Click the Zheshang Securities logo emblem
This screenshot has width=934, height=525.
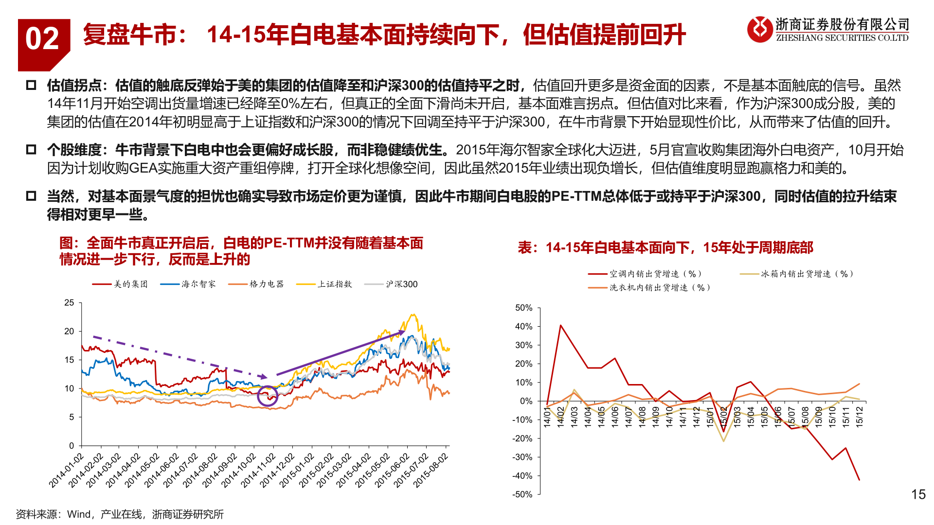(x=759, y=29)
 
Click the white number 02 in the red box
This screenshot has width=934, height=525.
(x=42, y=39)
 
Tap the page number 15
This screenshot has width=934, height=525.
(x=918, y=494)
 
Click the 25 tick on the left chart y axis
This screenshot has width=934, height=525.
(x=69, y=302)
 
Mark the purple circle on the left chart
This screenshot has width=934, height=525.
(x=267, y=396)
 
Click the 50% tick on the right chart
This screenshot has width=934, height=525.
(x=523, y=308)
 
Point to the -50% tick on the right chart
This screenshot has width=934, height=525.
(x=522, y=494)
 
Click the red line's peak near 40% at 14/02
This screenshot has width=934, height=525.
(x=561, y=325)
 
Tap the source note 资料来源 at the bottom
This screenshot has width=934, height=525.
(x=119, y=514)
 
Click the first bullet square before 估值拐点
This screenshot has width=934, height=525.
(x=31, y=86)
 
